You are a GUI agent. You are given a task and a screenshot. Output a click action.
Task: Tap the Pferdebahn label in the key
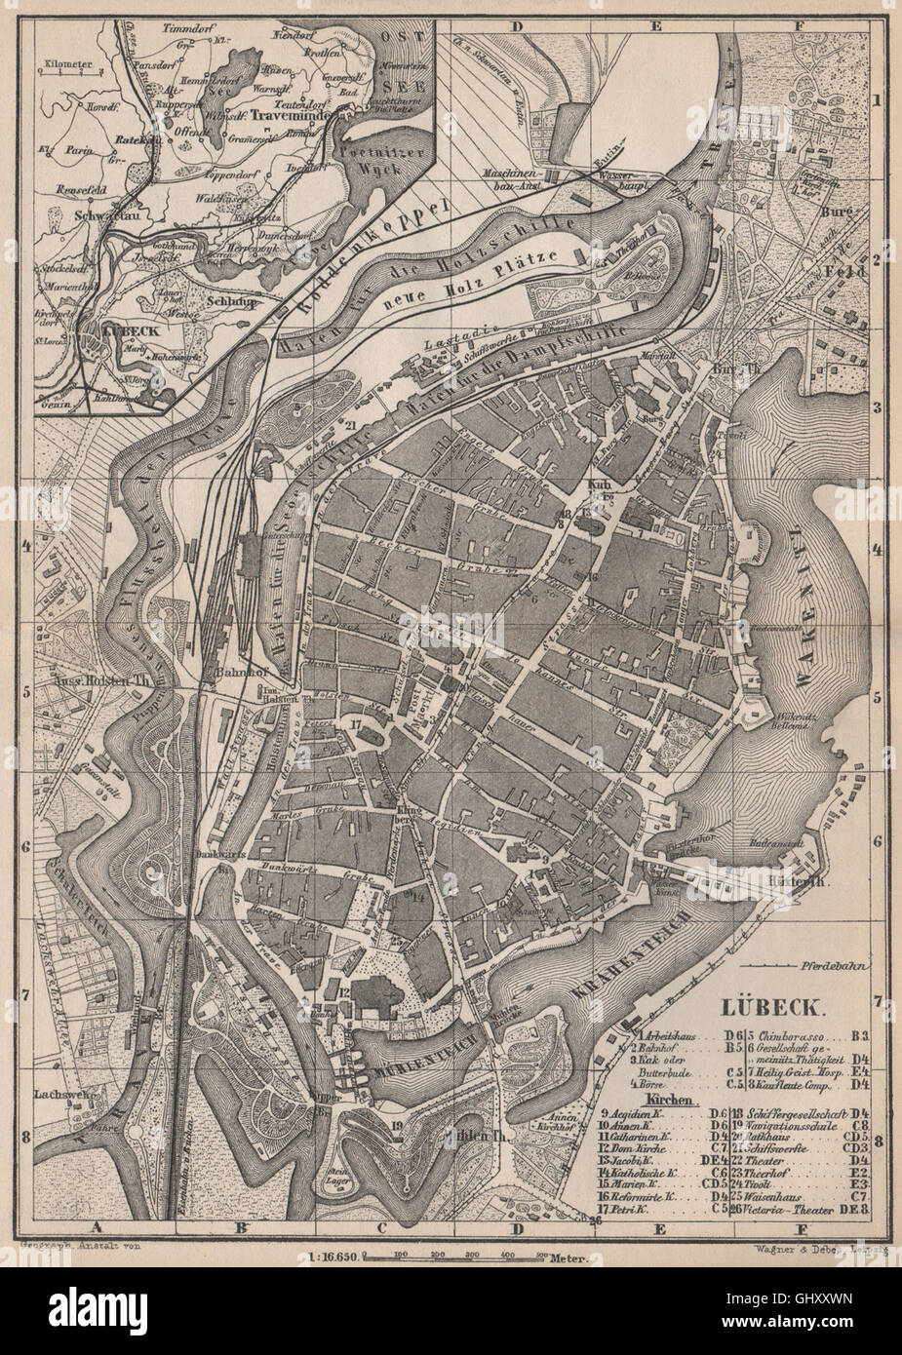(830, 965)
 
